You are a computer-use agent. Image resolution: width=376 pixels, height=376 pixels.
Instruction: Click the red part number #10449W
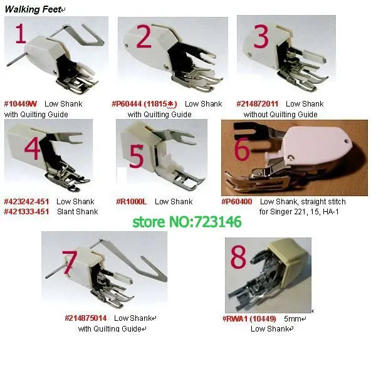tap(21, 103)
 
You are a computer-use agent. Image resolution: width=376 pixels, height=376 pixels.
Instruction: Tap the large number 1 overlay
tap(21, 36)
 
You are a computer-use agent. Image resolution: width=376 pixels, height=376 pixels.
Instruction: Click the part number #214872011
tap(258, 103)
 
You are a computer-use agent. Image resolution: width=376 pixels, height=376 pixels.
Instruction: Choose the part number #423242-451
tap(26, 202)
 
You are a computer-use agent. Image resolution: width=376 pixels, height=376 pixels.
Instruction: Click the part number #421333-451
tap(26, 212)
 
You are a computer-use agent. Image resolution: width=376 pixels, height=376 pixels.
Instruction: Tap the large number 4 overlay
tap(33, 148)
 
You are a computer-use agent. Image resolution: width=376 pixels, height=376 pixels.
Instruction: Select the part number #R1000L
tap(132, 202)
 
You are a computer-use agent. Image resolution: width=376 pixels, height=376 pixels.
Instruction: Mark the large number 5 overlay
tap(137, 157)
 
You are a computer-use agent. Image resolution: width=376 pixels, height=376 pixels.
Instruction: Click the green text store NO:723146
tap(186, 222)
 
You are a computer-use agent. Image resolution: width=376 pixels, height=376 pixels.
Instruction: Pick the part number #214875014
tap(87, 318)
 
